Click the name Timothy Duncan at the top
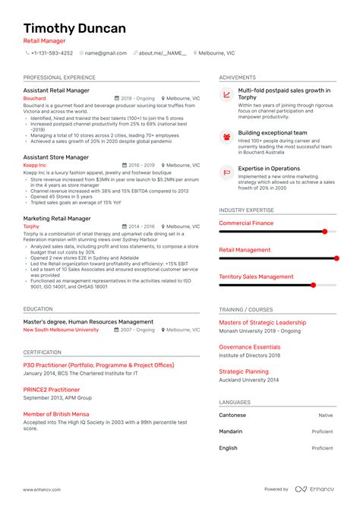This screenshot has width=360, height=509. click(74, 28)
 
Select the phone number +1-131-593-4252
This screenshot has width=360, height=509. click(52, 53)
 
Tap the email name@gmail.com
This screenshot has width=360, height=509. click(106, 53)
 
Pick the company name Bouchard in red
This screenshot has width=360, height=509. click(35, 99)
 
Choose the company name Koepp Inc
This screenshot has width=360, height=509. click(35, 165)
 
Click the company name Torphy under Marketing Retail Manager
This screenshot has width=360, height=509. click(32, 226)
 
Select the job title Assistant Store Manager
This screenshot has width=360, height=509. click(55, 157)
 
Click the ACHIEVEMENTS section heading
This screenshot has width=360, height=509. click(237, 77)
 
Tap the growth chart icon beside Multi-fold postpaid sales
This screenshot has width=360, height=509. click(227, 95)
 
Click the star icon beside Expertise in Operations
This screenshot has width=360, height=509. click(227, 172)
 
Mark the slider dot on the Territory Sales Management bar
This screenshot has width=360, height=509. click(313, 285)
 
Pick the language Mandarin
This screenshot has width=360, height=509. click(232, 432)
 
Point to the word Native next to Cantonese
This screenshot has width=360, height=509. click(325, 416)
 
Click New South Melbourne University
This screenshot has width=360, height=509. click(61, 330)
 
